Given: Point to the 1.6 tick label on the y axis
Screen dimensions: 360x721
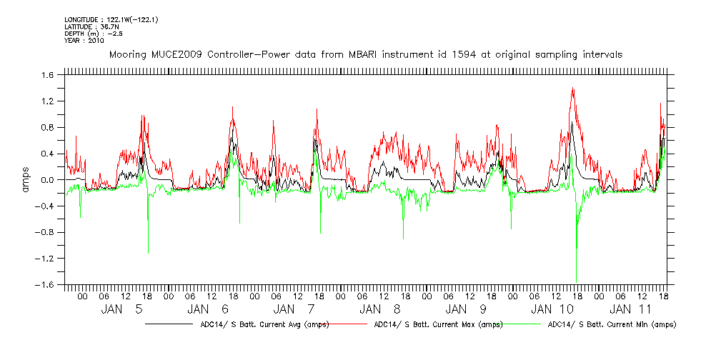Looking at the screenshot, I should click(47, 75).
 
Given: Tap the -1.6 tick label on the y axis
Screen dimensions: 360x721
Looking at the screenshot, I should click(46, 284).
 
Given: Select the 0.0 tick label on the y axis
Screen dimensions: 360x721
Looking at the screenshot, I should click(47, 180).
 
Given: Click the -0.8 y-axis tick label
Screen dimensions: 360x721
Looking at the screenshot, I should click(46, 232).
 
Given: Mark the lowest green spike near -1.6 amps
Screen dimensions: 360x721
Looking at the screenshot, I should click(576, 281).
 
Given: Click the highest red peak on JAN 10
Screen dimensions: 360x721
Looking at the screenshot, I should click(573, 89).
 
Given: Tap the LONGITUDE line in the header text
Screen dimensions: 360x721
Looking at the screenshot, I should click(111, 19).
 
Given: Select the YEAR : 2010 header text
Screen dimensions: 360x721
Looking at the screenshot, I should click(84, 41).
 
